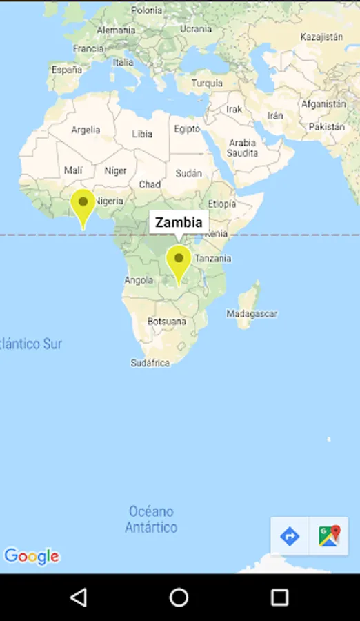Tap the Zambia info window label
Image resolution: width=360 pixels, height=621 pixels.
179,222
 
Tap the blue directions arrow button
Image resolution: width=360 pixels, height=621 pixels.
290,536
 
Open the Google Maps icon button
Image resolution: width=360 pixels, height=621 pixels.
329,536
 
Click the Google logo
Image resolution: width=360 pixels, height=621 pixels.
32,556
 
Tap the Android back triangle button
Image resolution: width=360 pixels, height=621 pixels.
79,597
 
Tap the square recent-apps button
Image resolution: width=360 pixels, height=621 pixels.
279,597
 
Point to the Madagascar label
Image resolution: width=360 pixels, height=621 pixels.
252,314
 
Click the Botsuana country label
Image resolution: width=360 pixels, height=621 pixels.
167,322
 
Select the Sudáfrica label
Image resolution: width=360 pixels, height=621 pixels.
150,363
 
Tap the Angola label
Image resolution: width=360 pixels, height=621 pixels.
139,280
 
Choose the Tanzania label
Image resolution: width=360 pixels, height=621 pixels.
213,259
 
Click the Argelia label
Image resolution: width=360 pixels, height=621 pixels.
86,130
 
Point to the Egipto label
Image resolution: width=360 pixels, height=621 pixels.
187,129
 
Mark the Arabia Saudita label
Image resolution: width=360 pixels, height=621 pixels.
242,148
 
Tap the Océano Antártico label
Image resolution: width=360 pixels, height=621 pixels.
151,519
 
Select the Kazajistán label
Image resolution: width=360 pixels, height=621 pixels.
321,37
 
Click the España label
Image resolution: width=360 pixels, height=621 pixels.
66,70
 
